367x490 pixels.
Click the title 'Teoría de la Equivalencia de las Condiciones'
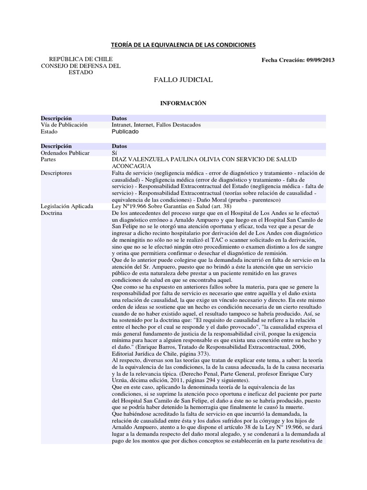pyautogui.click(x=183, y=45)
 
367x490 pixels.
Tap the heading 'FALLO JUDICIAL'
pyautogui.click(x=183, y=79)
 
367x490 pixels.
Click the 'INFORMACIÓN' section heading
pyautogui.click(x=183, y=103)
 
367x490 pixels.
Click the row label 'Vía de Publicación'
pyautogui.click(x=65, y=124)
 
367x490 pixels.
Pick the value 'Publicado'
pyautogui.click(x=125, y=132)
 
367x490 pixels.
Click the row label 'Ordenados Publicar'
pyautogui.click(x=65, y=152)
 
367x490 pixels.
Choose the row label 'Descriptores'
pyautogui.click(x=56, y=172)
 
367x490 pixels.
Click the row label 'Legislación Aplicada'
pyautogui.click(x=67, y=206)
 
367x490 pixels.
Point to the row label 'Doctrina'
pyautogui.click(x=52, y=213)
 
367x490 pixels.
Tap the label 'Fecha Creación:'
pyautogui.click(x=282, y=60)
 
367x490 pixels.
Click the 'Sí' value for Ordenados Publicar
pyautogui.click(x=114, y=152)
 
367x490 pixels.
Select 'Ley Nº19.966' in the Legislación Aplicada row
pyautogui.click(x=130, y=206)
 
